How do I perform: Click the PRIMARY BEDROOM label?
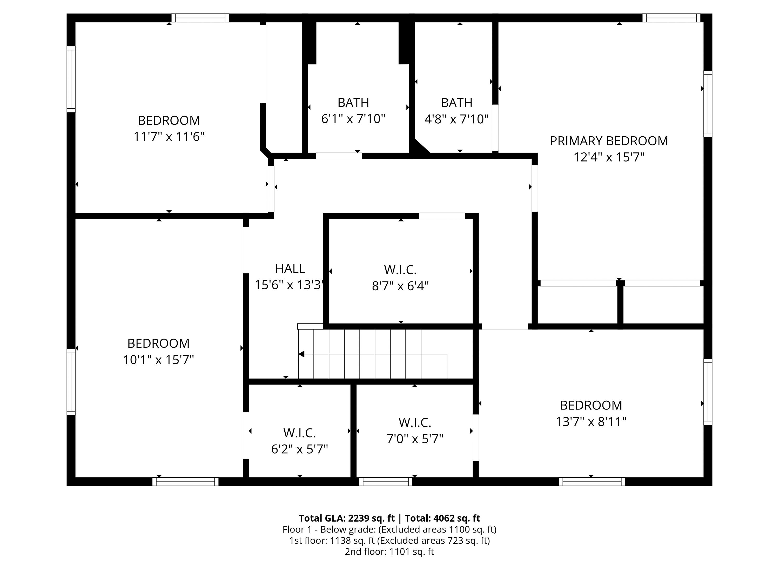coord(609,141)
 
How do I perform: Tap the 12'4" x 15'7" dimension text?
coord(609,157)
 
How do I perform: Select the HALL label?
coord(290,268)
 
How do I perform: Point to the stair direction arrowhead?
coord(301,354)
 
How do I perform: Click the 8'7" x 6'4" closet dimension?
coord(400,286)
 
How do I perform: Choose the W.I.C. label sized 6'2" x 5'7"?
coord(299,433)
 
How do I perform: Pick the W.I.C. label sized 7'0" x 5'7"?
coord(415,422)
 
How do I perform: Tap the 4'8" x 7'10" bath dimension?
coord(456,119)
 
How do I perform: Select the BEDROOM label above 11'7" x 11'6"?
coord(169,120)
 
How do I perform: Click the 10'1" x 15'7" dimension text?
coord(158,360)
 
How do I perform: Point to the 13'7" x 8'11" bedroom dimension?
coord(591,421)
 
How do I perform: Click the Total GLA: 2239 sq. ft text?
coord(346,518)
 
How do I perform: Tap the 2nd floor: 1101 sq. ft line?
coord(389,551)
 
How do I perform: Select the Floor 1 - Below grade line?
coord(389,529)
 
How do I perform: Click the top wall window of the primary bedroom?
coord(671,18)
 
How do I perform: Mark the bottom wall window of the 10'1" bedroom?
coord(185,482)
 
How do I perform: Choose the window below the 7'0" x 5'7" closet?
coord(385,482)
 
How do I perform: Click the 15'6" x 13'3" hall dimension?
coord(289,285)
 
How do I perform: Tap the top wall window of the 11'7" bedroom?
coord(200,18)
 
